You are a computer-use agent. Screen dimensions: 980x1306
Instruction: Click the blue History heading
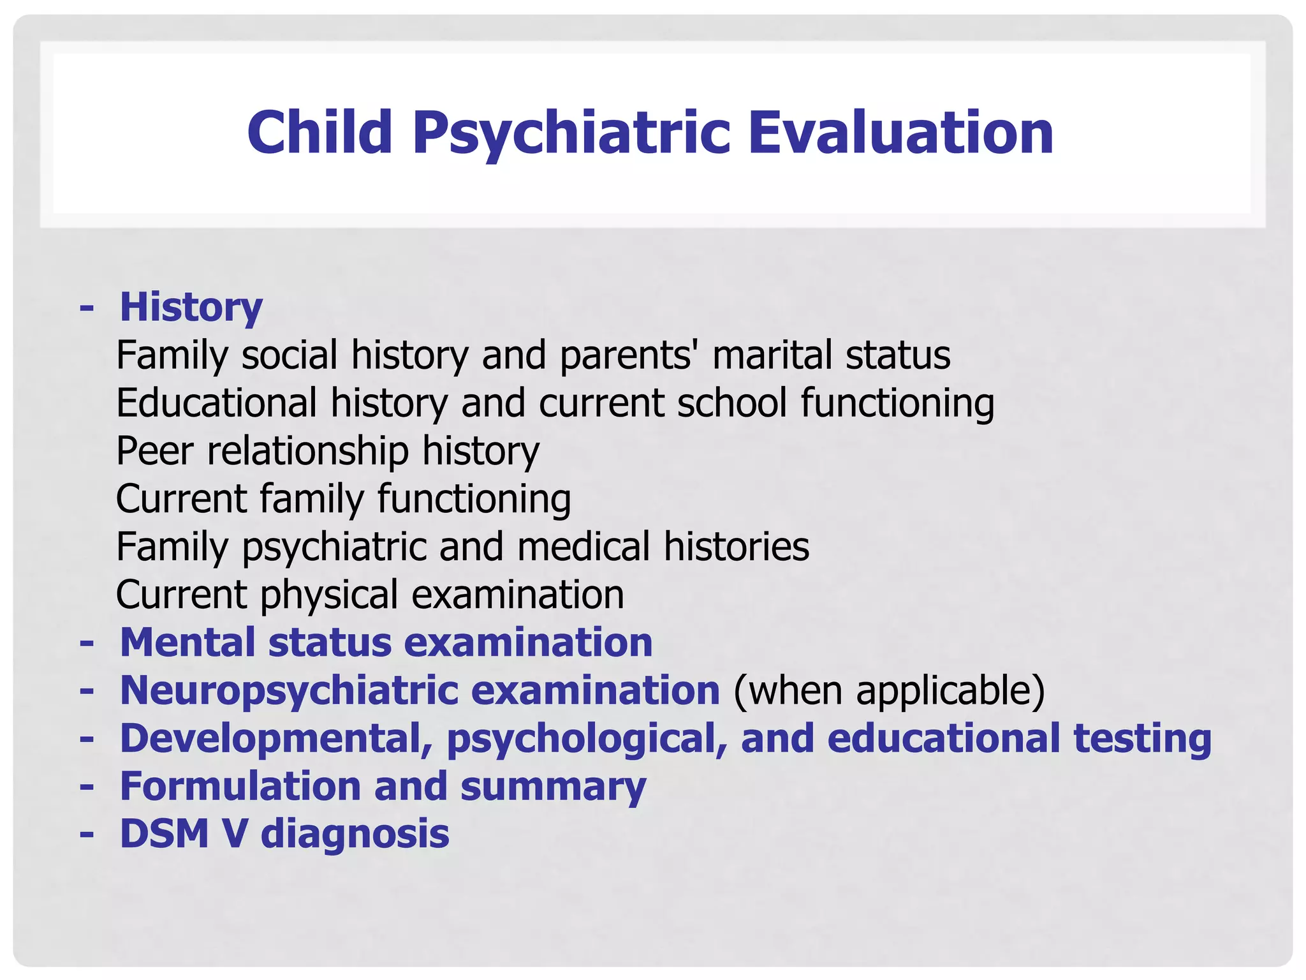click(191, 307)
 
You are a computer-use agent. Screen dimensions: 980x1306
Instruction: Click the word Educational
click(216, 403)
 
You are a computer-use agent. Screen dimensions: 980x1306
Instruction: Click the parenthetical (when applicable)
click(889, 690)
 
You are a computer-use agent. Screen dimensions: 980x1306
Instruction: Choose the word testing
click(1142, 738)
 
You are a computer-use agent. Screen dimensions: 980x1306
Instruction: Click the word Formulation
click(240, 786)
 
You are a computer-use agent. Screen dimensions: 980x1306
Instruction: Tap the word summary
click(553, 786)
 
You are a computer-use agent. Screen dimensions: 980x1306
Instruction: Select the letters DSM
click(164, 834)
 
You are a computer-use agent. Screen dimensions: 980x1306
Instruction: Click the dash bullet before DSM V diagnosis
click(87, 834)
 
